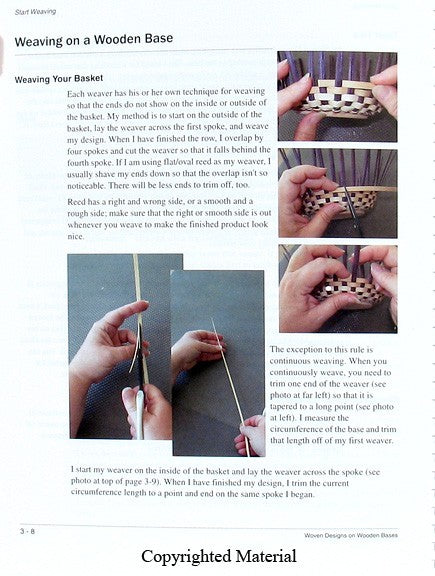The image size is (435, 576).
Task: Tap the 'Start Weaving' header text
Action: point(35,10)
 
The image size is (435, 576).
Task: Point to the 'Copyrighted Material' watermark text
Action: point(218,557)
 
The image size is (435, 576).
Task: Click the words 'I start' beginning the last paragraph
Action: point(84,469)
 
